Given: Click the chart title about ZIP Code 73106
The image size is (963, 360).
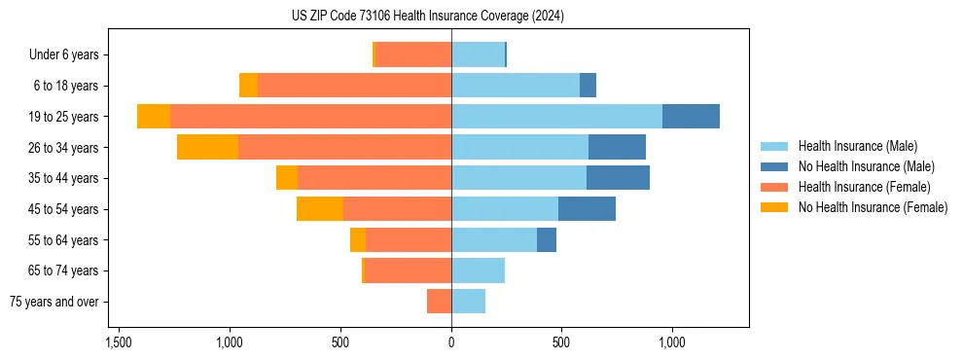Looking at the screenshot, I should pyautogui.click(x=427, y=16).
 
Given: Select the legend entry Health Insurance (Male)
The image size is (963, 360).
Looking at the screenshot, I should pyautogui.click(x=857, y=146).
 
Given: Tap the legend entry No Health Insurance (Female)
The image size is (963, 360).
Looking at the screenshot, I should pyautogui.click(x=873, y=207).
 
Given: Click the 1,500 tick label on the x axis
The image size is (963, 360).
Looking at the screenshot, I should pyautogui.click(x=118, y=342).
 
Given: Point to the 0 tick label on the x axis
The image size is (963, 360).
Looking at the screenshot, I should pyautogui.click(x=451, y=342).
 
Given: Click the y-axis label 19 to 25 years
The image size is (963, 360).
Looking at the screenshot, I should pyautogui.click(x=65, y=117).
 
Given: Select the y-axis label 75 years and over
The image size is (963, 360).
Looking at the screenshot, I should pyautogui.click(x=54, y=302).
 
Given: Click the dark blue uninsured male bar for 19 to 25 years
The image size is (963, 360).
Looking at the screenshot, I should pyautogui.click(x=691, y=117).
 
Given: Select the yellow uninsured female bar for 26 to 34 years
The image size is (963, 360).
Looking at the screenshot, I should pyautogui.click(x=207, y=147).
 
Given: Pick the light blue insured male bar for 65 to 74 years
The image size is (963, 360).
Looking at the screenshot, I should pyautogui.click(x=478, y=270).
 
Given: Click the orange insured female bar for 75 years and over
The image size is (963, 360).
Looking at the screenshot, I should pyautogui.click(x=439, y=302).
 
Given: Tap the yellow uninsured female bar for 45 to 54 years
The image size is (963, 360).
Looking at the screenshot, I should pyautogui.click(x=320, y=209).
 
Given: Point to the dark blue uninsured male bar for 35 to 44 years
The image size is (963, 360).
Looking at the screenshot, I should pyautogui.click(x=618, y=178).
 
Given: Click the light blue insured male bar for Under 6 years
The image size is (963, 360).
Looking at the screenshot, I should pyautogui.click(x=478, y=55).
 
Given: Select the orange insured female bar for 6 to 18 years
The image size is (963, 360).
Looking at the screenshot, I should pyautogui.click(x=354, y=86).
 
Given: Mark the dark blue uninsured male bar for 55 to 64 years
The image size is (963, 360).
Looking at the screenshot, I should pyautogui.click(x=547, y=239).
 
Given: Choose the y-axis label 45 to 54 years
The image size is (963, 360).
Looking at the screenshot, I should pyautogui.click(x=65, y=209).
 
